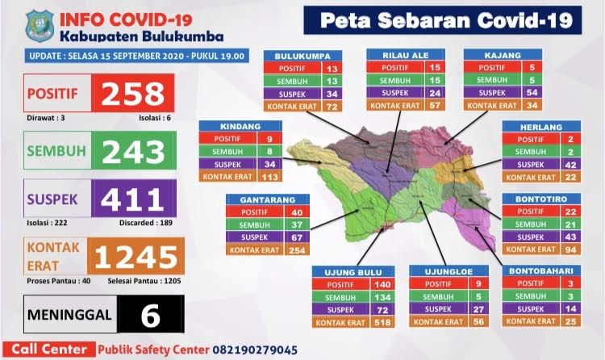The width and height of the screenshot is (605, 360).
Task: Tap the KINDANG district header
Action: (x=240, y=128)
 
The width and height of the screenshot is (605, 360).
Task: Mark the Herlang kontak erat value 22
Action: (x=570, y=177)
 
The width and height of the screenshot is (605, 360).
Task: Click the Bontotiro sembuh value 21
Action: (x=570, y=224)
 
